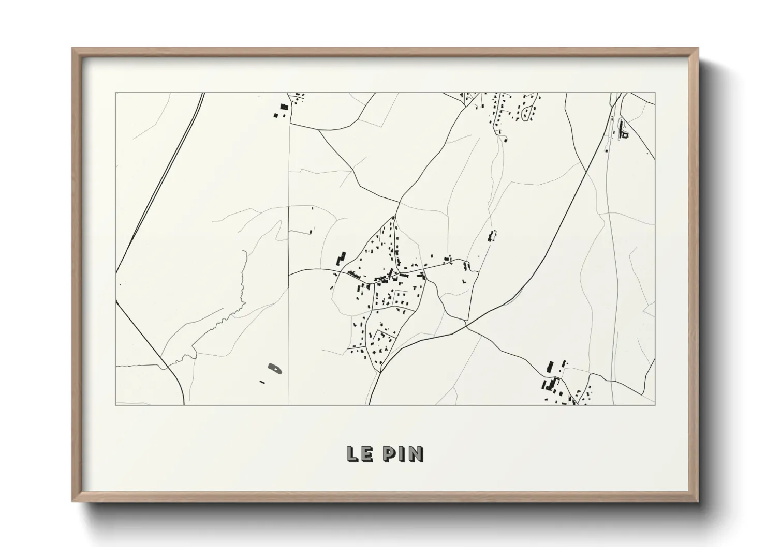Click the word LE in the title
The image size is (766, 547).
(x=361, y=453)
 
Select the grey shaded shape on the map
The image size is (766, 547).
(x=275, y=369)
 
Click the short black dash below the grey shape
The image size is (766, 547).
(x=262, y=382)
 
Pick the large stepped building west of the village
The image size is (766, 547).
(x=341, y=258)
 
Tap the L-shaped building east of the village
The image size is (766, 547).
(x=464, y=280)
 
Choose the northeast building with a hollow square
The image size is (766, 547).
(x=625, y=135)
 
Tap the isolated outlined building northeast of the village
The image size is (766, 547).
(x=492, y=236)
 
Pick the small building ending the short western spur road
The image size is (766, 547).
(x=311, y=232)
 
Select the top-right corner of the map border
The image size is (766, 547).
(x=655, y=93)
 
